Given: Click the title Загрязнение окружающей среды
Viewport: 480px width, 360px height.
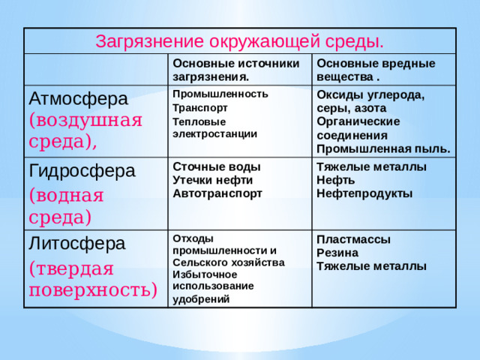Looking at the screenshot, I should pyautogui.click(x=240, y=40).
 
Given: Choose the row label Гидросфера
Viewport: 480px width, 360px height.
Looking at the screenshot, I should pyautogui.click(x=82, y=171).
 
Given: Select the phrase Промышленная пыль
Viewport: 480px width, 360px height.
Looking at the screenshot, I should pyautogui.click(x=383, y=148).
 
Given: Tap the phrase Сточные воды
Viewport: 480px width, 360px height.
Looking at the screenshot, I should pyautogui.click(x=217, y=166).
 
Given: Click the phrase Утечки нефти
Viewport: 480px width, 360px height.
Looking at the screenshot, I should pyautogui.click(x=212, y=180).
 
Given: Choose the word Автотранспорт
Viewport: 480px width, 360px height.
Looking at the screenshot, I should pyautogui.click(x=217, y=193).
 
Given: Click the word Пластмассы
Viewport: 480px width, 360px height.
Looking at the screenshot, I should pyautogui.click(x=353, y=239).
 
